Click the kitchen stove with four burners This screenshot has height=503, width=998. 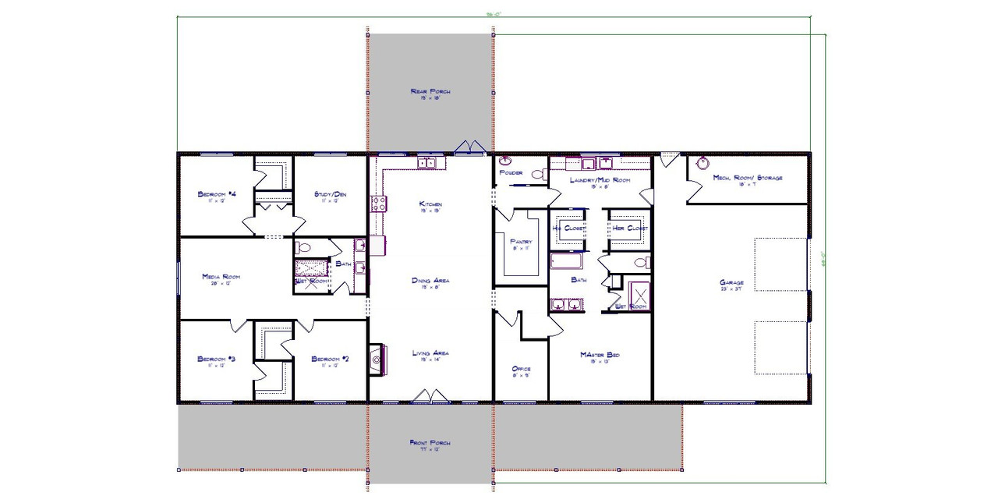click(x=379, y=204)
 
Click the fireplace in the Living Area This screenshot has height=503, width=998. click(x=376, y=357)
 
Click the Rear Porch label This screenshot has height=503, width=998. click(x=430, y=92)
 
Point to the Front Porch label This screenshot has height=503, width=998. click(x=430, y=443)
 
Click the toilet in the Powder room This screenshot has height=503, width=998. click(x=537, y=175)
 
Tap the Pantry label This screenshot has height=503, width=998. click(x=521, y=242)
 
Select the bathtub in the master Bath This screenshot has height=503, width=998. click(x=566, y=260)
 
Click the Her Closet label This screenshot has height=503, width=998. click(x=628, y=228)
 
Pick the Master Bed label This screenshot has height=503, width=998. click(x=600, y=355)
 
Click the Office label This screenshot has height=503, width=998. click(x=521, y=369)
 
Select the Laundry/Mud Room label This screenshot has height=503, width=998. click(x=600, y=180)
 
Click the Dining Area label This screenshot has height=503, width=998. click(x=430, y=280)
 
